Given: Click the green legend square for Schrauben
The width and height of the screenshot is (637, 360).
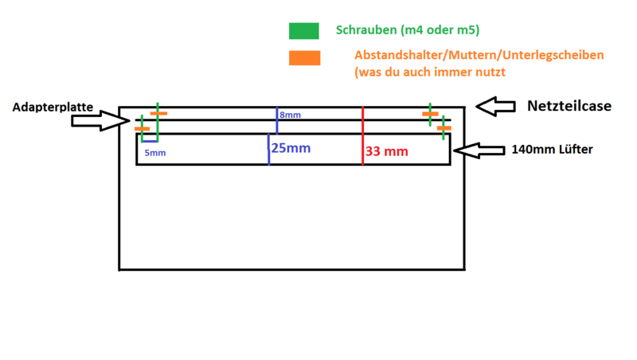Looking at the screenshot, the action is pyautogui.click(x=304, y=31).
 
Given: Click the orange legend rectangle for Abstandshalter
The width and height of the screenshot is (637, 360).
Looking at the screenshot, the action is pyautogui.click(x=305, y=57).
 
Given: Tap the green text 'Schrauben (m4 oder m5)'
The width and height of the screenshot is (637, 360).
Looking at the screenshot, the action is pyautogui.click(x=408, y=30).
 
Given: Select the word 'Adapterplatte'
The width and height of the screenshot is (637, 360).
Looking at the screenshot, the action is pyautogui.click(x=53, y=107).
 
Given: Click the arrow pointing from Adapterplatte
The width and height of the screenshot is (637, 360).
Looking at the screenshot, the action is pyautogui.click(x=100, y=121).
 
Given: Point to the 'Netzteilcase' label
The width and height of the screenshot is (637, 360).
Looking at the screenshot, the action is pyautogui.click(x=569, y=106).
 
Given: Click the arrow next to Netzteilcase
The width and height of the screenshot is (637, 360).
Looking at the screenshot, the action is pyautogui.click(x=495, y=107).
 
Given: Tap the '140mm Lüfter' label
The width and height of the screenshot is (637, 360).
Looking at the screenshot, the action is pyautogui.click(x=552, y=150).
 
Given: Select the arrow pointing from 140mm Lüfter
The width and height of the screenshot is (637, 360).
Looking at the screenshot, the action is pyautogui.click(x=479, y=151).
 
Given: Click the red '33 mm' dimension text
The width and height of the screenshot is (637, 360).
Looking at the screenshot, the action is pyautogui.click(x=386, y=151).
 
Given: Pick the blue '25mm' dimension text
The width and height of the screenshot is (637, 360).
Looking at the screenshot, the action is pyautogui.click(x=291, y=148).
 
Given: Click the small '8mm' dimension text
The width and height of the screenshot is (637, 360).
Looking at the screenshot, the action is pyautogui.click(x=290, y=115).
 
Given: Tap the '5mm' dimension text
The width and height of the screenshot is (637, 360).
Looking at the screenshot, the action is pyautogui.click(x=155, y=153).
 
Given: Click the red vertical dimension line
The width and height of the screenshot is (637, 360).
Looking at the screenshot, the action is pyautogui.click(x=363, y=135).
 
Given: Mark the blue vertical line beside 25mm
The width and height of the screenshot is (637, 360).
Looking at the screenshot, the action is pyautogui.click(x=268, y=149).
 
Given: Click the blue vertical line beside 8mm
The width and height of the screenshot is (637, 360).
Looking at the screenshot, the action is pyautogui.click(x=277, y=120).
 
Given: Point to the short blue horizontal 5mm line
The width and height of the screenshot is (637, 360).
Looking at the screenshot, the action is pyautogui.click(x=150, y=142).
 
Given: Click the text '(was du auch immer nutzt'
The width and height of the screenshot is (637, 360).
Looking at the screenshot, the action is pyautogui.click(x=430, y=72).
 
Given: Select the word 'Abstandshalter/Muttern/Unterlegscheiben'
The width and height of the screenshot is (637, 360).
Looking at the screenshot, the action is pyautogui.click(x=479, y=55).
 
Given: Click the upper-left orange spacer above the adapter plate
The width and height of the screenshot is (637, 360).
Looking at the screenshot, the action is pyautogui.click(x=158, y=113).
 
